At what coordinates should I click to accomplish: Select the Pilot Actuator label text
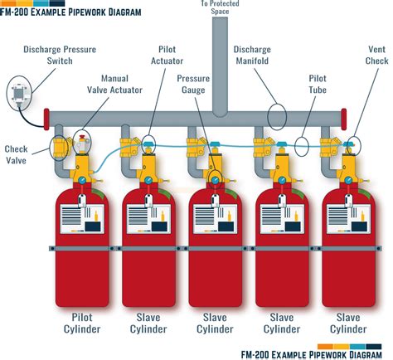(167, 56)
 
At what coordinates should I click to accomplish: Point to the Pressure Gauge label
(193, 84)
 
